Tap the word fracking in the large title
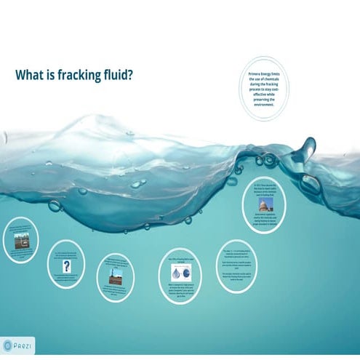[81, 75]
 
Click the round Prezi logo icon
[8, 343]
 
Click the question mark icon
[67, 267]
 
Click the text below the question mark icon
[67, 280]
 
